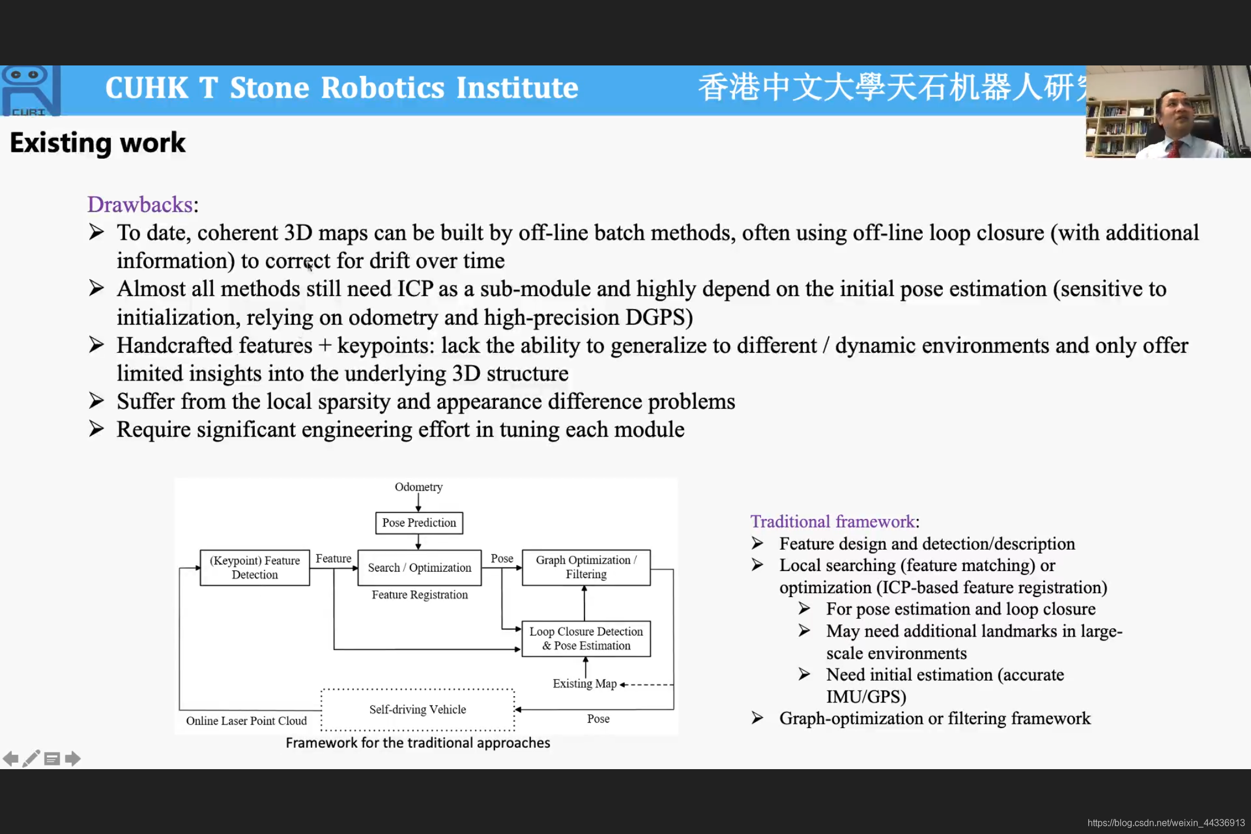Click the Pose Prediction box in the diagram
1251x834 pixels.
coord(419,522)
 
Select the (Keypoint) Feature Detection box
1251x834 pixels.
coord(255,568)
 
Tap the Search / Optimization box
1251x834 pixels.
coord(419,568)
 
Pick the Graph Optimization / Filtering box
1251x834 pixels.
coord(586,568)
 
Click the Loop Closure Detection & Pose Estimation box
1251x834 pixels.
coord(586,639)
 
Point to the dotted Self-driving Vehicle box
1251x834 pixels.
coord(418,709)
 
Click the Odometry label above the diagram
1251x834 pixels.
coord(419,487)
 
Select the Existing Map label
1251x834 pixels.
coord(584,683)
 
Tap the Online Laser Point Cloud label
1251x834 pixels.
coord(246,721)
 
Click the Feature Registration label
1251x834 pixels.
coord(420,595)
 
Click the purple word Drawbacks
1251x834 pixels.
coord(140,204)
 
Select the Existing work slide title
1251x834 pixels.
coord(98,142)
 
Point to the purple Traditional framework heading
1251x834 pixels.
coord(833,521)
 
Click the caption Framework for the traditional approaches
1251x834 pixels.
coord(418,743)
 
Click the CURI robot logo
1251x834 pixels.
coord(30,90)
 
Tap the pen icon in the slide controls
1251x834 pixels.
coord(31,759)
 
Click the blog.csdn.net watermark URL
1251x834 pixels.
coord(1166,823)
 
